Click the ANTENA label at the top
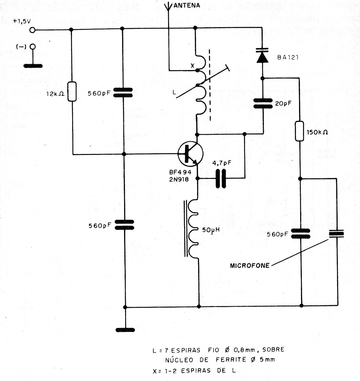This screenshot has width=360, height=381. pyautogui.click(x=187, y=5)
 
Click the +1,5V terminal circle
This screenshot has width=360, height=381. pyautogui.click(x=32, y=30)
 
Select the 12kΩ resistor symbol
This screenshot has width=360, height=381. pyautogui.click(x=72, y=91)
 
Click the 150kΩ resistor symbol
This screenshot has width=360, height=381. pyautogui.click(x=300, y=131)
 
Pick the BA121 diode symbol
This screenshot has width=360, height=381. pyautogui.click(x=262, y=56)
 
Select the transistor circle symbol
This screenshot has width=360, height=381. pyautogui.click(x=190, y=153)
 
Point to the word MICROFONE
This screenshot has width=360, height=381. pyautogui.click(x=250, y=265)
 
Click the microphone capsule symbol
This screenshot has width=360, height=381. pyautogui.click(x=336, y=234)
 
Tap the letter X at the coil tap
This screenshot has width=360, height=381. pyautogui.click(x=192, y=66)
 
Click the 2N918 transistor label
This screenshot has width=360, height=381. pyautogui.click(x=179, y=179)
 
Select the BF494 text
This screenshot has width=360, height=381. pyautogui.click(x=180, y=172)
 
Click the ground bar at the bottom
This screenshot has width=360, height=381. pyautogui.click(x=125, y=330)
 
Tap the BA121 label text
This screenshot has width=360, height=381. pyautogui.click(x=288, y=57)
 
